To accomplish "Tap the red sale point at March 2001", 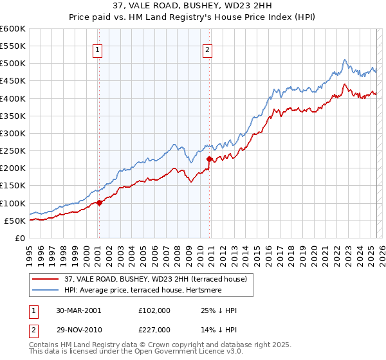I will coord(99,203).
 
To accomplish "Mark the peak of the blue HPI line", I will coord(345,60).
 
